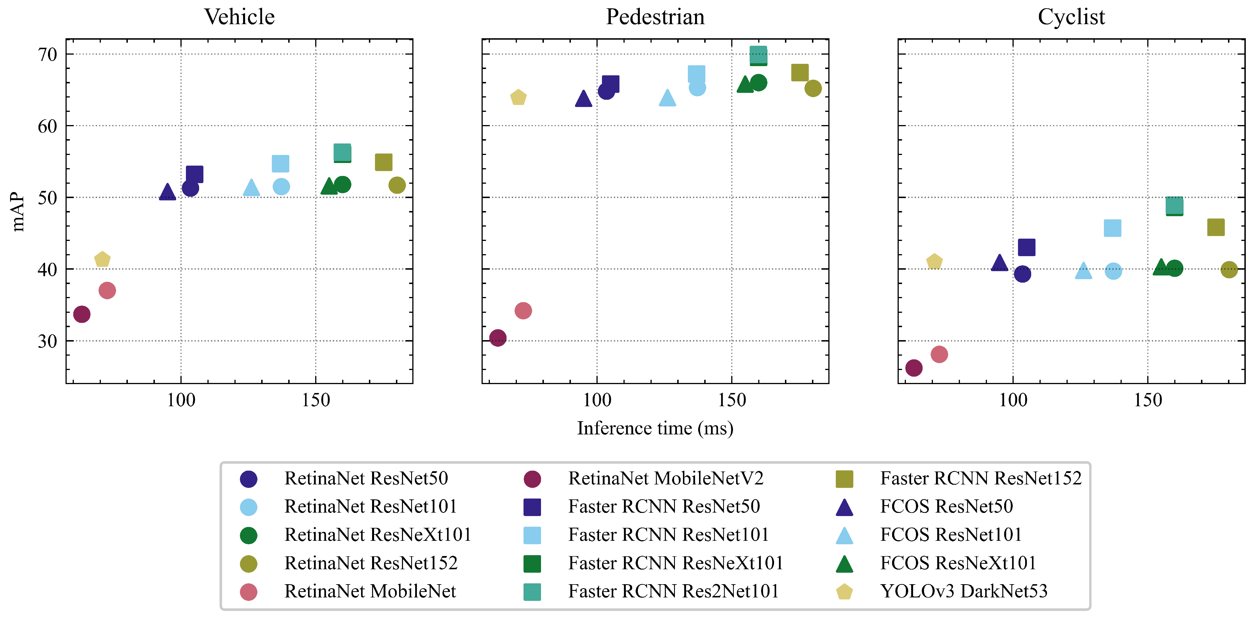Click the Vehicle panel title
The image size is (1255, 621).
[x=239, y=17]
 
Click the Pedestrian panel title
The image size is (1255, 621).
[x=655, y=17]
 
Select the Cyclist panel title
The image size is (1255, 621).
[x=1071, y=17]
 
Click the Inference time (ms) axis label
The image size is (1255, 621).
[x=655, y=428]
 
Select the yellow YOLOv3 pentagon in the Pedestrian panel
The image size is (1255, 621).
[x=518, y=97]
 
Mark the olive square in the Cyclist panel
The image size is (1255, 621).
[x=1216, y=227]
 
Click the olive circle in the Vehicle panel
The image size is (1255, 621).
[x=397, y=185]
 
